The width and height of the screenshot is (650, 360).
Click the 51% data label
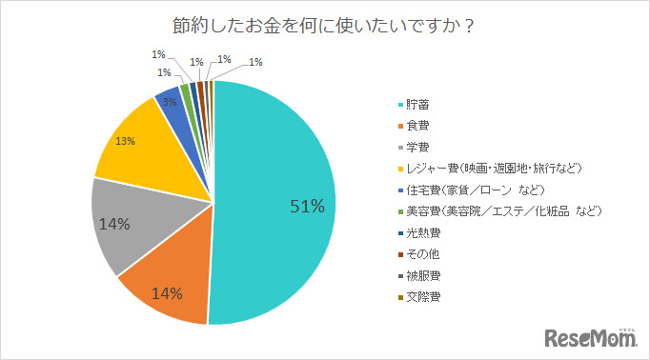tap(308, 205)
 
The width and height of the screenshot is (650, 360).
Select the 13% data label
tap(125, 141)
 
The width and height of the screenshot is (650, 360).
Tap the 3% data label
tap(169, 102)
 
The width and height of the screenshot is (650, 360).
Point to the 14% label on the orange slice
tap(166, 292)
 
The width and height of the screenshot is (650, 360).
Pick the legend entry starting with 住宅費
tap(473, 190)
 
